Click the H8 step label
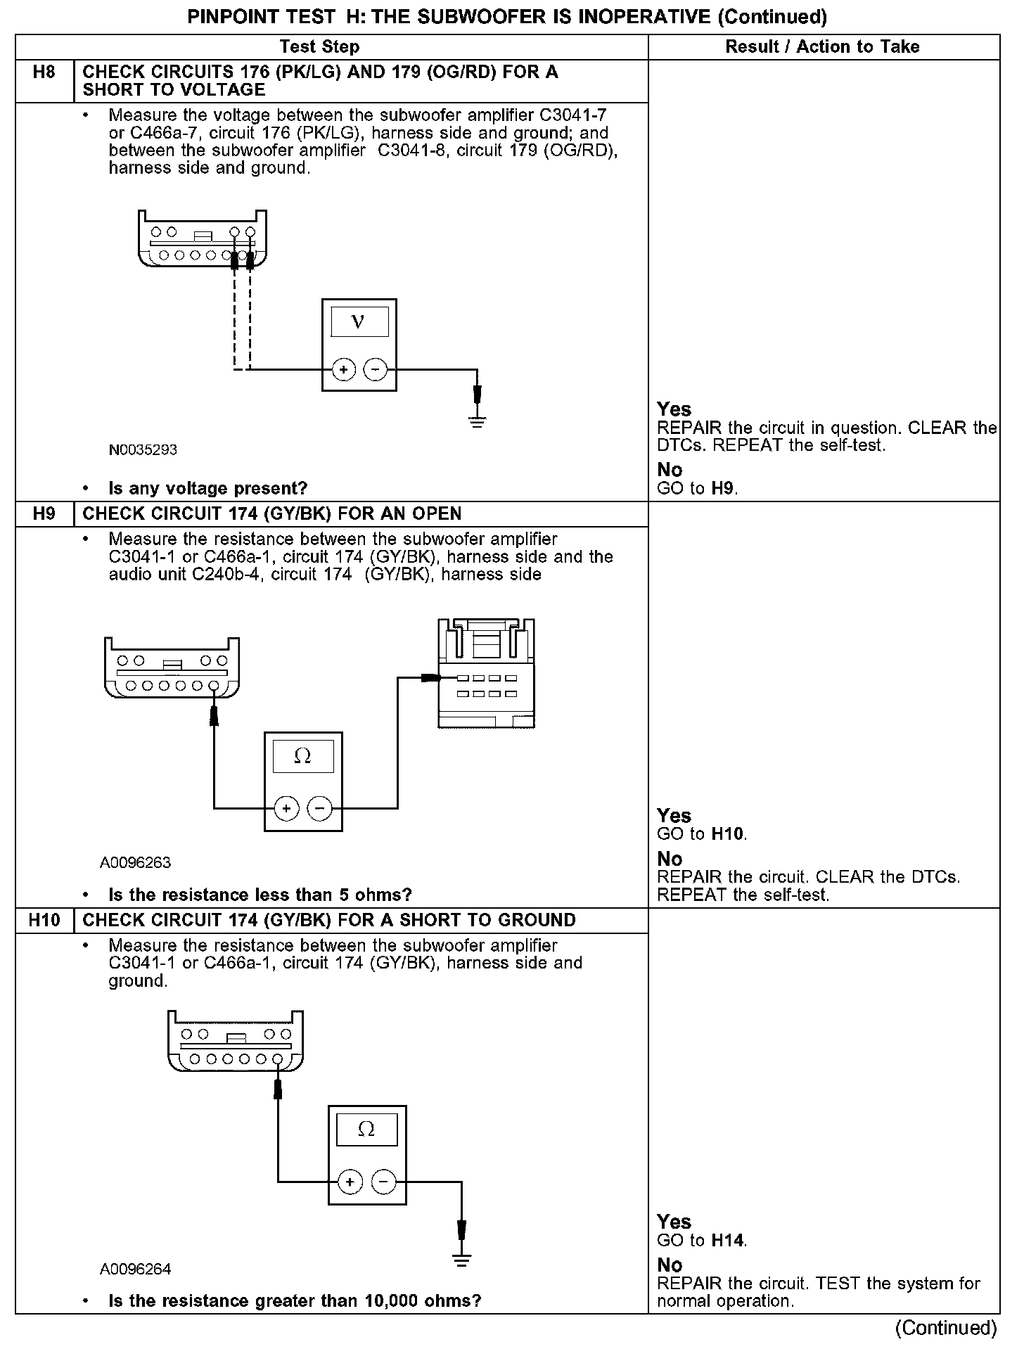[44, 72]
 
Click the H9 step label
[44, 514]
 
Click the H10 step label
[44, 920]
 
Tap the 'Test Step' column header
[319, 47]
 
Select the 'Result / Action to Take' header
[822, 47]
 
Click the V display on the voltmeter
[359, 322]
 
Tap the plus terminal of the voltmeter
[343, 369]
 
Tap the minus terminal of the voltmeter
[376, 369]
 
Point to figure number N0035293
[143, 450]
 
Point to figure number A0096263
[135, 862]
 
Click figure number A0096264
[135, 1269]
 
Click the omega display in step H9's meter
[302, 757]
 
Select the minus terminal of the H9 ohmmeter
[320, 809]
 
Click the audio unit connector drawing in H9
[486, 674]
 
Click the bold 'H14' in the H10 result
[728, 1241]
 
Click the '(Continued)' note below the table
[946, 1328]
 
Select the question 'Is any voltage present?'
[208, 488]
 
